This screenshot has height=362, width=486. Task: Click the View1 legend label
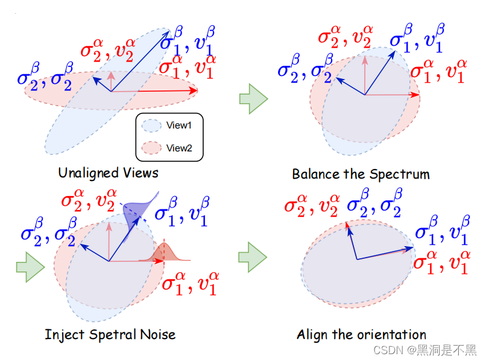pos(178,125)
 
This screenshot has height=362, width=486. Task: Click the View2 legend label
pos(178,148)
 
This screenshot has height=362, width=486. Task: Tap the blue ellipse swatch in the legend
pos(151,125)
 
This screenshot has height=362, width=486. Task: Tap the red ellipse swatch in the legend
pos(151,148)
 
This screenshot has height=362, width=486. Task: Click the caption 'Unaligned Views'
pos(108,173)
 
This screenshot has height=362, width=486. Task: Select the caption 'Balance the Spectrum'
pos(361,174)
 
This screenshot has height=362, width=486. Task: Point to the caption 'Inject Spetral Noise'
pos(110,334)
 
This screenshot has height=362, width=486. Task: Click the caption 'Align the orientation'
pos(361,335)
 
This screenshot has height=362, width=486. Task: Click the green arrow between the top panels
pos(253,98)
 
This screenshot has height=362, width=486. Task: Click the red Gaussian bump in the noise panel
pos(163,253)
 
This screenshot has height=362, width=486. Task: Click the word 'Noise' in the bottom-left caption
pos(159,334)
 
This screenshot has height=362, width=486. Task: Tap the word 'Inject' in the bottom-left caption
pos(63,334)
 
